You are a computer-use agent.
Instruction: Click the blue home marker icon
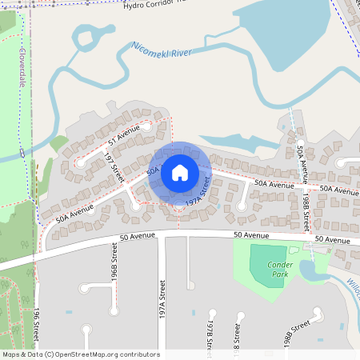179,172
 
